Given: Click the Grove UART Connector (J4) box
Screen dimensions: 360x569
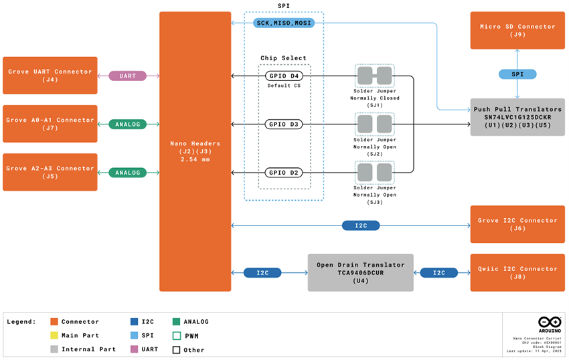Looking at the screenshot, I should (x=50, y=76).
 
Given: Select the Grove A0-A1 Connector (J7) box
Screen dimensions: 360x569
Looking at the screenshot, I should (x=50, y=124).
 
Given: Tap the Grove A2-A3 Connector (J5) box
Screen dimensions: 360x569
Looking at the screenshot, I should (x=50, y=172).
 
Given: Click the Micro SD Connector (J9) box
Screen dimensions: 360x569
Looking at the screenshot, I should (x=517, y=30).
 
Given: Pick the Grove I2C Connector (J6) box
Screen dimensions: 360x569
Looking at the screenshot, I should (x=517, y=224).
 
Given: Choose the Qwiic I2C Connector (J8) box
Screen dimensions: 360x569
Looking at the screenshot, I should (x=517, y=272).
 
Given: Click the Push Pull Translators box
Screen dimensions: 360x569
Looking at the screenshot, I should (x=517, y=117).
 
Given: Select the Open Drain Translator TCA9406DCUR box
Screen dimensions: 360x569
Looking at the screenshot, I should (x=361, y=272).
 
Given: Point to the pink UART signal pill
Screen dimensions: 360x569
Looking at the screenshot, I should (x=127, y=76).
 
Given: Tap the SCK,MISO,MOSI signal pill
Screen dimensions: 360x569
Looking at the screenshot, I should (x=284, y=23).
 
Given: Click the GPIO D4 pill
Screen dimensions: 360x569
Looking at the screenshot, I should (x=284, y=76).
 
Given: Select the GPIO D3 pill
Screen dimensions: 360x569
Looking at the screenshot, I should (x=284, y=124).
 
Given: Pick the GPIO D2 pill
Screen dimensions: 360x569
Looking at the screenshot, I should (x=284, y=173).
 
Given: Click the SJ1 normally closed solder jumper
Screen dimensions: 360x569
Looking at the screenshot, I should (x=374, y=76).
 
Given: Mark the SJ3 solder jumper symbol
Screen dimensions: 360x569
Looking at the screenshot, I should (x=374, y=173).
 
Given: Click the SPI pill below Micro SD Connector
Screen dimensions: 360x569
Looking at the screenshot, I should (x=517, y=74).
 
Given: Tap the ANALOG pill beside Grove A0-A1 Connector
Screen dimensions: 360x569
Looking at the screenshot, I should (x=127, y=124).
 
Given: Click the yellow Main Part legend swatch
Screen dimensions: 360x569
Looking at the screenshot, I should (x=54, y=335).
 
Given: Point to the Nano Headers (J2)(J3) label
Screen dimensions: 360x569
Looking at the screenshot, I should (x=195, y=151).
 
